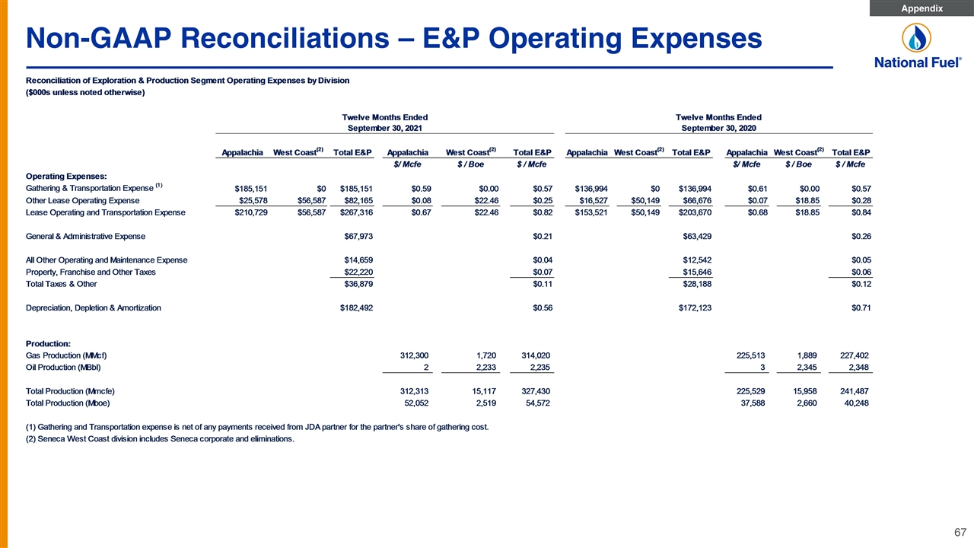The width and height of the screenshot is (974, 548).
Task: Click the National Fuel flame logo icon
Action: click(x=916, y=38)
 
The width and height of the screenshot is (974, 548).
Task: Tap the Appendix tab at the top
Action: click(x=921, y=8)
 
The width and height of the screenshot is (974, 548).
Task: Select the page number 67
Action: click(x=960, y=532)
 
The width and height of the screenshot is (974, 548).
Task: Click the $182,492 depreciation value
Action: click(x=356, y=308)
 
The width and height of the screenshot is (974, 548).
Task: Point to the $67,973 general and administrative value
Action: click(x=358, y=237)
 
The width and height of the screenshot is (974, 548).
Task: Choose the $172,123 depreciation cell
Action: click(x=695, y=308)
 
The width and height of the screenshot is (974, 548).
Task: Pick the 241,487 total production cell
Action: click(x=855, y=391)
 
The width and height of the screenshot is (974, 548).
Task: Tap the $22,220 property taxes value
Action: click(x=358, y=272)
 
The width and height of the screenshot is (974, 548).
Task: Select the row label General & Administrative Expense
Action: click(x=85, y=237)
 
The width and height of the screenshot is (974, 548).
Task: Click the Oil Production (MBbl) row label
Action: click(x=63, y=368)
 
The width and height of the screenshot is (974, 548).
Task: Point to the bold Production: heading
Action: click(x=48, y=343)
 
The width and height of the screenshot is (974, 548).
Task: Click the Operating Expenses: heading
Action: click(x=66, y=176)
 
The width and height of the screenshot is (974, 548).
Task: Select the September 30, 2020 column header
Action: click(x=718, y=129)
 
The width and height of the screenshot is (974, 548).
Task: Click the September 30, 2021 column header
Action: click(x=384, y=129)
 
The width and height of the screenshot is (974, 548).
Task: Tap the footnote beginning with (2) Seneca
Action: click(x=160, y=439)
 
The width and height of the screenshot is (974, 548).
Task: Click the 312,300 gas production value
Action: click(x=414, y=355)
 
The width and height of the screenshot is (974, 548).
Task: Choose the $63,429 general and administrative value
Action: click(x=697, y=237)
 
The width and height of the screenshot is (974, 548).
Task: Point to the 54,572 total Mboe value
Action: click(x=538, y=403)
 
